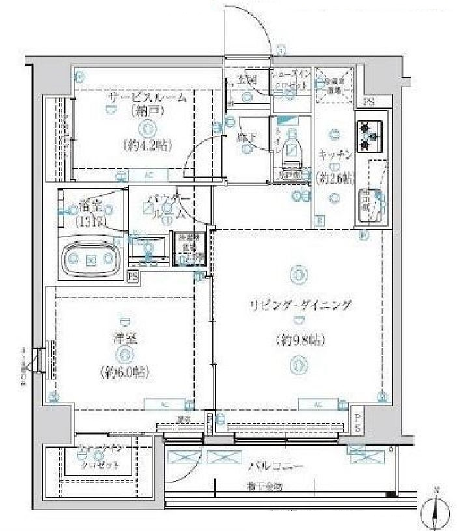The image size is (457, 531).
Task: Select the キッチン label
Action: pos(336,154)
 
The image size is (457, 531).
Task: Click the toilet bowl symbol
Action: pos(294,150)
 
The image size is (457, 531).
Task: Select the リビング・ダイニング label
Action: pos(299,305)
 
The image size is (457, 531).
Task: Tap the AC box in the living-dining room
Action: pos(318,404)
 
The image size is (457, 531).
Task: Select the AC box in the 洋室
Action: pos(163,404)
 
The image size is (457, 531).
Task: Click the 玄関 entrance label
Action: pos(246,79)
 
